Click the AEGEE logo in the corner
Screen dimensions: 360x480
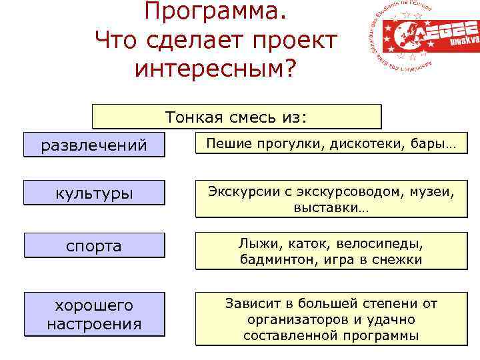click(x=422, y=38)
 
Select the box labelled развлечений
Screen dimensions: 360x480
click(x=94, y=145)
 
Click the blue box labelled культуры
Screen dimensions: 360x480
click(x=94, y=193)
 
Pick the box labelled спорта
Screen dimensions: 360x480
click(x=94, y=245)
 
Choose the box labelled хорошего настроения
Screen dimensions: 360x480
click(x=94, y=315)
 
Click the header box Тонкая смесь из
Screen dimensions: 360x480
click(x=237, y=117)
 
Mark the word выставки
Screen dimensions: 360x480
click(x=331, y=209)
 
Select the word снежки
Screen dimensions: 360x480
click(x=397, y=259)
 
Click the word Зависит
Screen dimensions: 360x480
click(x=253, y=303)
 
